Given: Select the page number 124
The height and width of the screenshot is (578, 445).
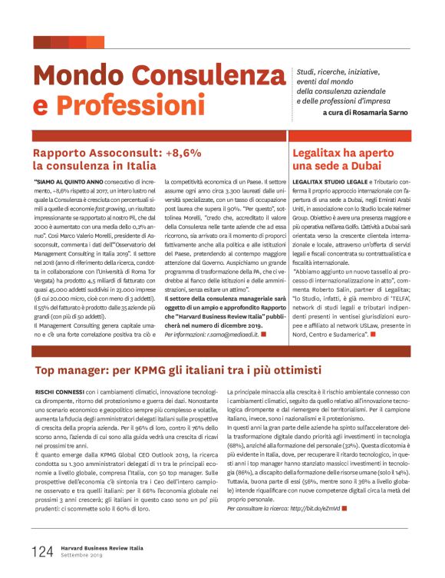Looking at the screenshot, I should [42, 550].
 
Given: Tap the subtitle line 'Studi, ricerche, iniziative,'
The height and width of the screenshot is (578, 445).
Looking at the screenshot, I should [336, 70].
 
